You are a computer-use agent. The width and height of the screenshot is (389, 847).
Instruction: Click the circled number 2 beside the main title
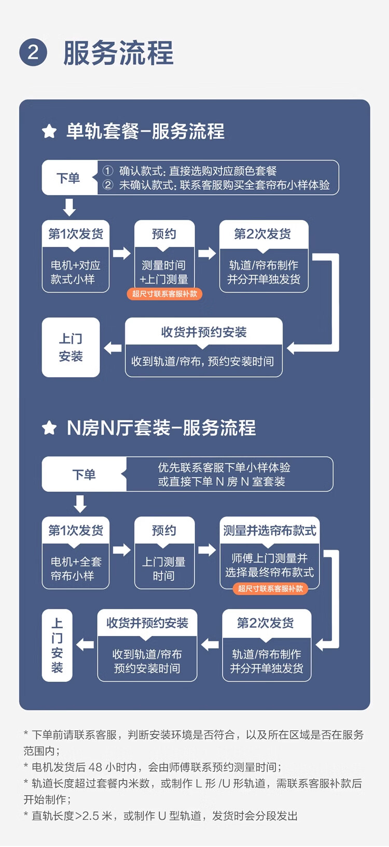(x=33, y=53)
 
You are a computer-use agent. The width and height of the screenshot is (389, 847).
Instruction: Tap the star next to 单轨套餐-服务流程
(x=49, y=132)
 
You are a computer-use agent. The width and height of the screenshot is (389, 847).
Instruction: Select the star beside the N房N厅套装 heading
(x=49, y=428)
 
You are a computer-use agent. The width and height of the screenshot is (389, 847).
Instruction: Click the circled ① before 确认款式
(x=108, y=171)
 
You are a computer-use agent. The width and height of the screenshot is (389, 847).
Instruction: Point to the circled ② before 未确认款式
(x=108, y=185)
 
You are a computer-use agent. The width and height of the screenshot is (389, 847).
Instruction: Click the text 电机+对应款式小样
(x=75, y=272)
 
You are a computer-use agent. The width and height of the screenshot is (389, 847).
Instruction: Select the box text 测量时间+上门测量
(x=164, y=272)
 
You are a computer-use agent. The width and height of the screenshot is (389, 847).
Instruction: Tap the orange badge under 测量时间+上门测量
(x=164, y=294)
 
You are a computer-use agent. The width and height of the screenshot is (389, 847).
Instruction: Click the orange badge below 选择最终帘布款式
(x=270, y=588)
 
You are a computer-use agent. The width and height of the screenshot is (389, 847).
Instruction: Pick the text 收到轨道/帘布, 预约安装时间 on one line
(x=203, y=361)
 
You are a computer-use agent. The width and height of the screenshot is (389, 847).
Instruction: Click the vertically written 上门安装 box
(x=57, y=645)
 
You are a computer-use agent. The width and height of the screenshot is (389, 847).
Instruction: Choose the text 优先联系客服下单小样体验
(x=224, y=467)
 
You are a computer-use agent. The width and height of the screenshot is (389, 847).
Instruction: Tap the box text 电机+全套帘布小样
(x=75, y=569)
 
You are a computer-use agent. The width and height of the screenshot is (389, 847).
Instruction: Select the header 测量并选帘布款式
(x=270, y=530)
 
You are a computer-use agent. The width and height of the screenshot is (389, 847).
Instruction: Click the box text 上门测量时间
(x=164, y=569)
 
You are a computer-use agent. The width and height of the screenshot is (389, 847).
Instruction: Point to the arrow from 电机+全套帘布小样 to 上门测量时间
(x=122, y=550)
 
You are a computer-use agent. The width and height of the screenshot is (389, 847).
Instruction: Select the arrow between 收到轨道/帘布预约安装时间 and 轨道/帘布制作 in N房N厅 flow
(x=210, y=645)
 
